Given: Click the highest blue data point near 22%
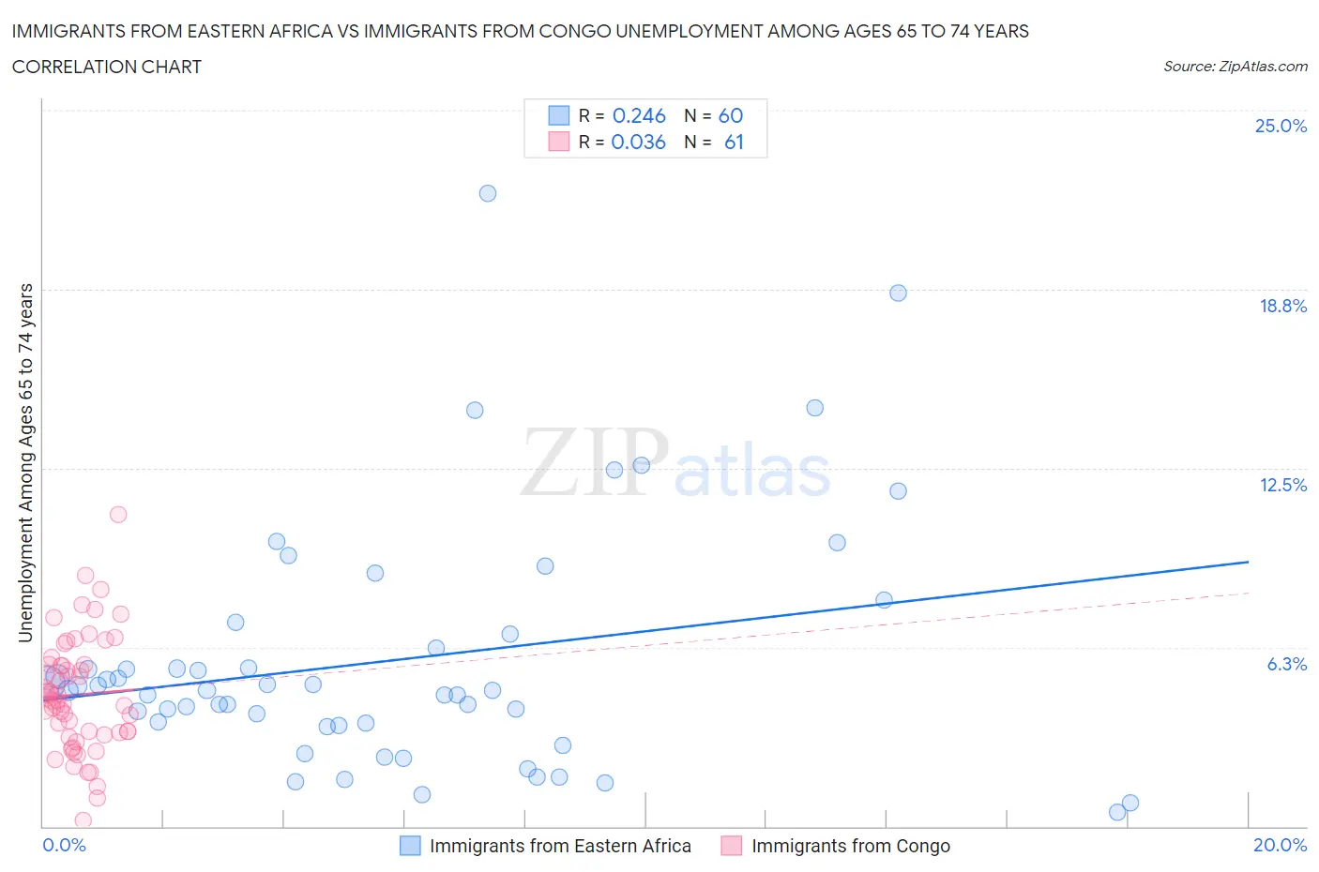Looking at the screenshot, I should coord(488,193).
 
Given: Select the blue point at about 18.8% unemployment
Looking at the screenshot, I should coord(898,293).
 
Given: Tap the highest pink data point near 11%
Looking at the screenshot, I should coord(118,514).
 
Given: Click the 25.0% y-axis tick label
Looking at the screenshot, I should coord(1281,126).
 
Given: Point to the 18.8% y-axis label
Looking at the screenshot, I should coord(1282,306).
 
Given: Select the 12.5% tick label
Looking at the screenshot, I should coord(1282,485).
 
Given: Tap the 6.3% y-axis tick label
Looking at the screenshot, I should coord(1286,664).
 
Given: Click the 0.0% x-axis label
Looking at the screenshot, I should coord(64,845).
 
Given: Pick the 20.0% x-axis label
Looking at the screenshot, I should coord(1280,845).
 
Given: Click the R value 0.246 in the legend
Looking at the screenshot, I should coord(639,115).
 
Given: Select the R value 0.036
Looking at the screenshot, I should coord(638,142).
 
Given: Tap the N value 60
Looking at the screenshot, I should coord(731,115).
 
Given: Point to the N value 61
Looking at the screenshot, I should coord(734,142).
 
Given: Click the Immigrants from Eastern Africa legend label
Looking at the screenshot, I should coord(560,846).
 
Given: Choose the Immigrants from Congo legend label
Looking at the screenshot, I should coord(851,846).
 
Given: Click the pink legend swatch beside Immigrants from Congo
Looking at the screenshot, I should coord(731,846).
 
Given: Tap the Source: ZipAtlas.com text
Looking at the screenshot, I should coord(1235,66).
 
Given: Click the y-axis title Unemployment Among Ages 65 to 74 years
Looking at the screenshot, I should coord(26,462).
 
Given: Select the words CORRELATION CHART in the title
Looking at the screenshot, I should coord(107,67).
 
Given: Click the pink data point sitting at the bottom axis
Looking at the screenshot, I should coord(83,820).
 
